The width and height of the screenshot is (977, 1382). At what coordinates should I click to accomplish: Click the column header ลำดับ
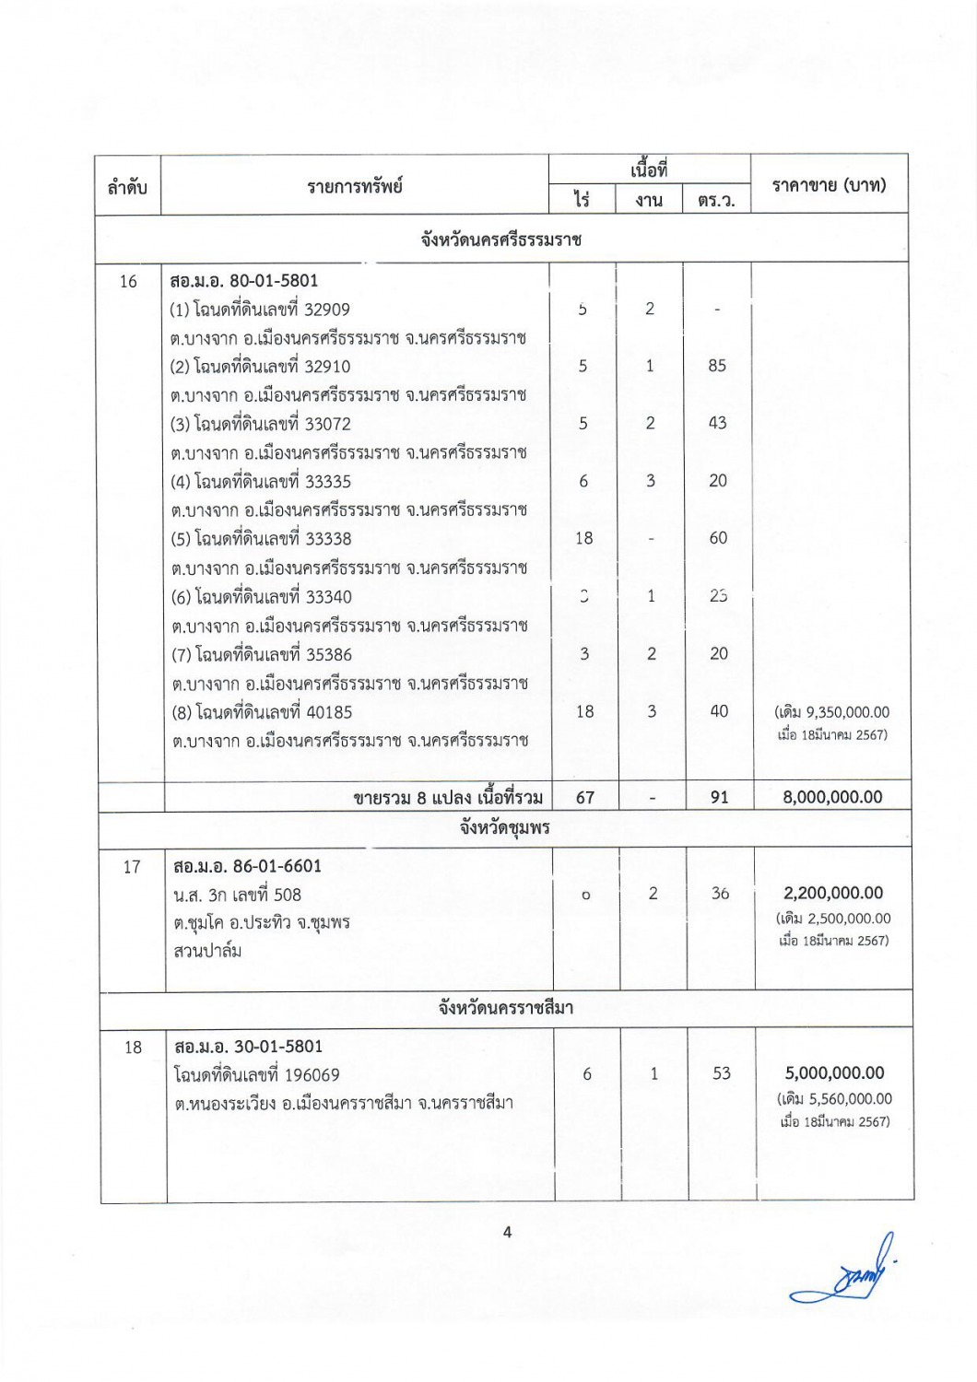point(127,188)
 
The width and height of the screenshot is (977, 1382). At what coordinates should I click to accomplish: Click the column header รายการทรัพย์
point(355,187)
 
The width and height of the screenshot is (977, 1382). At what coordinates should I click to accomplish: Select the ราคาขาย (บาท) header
point(829,185)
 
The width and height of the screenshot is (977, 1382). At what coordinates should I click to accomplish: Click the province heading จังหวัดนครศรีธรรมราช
point(501,240)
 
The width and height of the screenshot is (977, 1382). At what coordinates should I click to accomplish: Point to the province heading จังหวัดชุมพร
point(504,827)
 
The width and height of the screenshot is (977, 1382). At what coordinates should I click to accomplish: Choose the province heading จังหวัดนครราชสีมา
point(505,1008)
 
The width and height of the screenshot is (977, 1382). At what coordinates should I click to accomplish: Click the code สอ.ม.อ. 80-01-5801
point(244,280)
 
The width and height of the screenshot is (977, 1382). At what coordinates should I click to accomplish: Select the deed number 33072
point(327,424)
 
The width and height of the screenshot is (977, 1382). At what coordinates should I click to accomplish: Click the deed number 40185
point(328,712)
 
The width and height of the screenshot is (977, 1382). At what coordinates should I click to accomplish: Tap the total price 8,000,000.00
point(832,797)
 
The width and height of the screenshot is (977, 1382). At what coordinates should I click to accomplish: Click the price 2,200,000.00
point(833,893)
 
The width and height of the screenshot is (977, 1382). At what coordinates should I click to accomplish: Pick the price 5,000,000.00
point(834,1072)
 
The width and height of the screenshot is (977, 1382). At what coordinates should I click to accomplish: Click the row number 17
point(132,867)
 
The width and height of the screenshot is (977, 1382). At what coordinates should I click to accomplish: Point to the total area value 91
point(719,797)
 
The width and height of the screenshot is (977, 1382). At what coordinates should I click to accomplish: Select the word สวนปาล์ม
point(207,951)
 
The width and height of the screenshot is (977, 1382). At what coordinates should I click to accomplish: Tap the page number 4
point(507,1232)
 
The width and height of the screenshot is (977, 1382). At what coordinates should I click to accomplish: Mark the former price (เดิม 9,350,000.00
point(832,712)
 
